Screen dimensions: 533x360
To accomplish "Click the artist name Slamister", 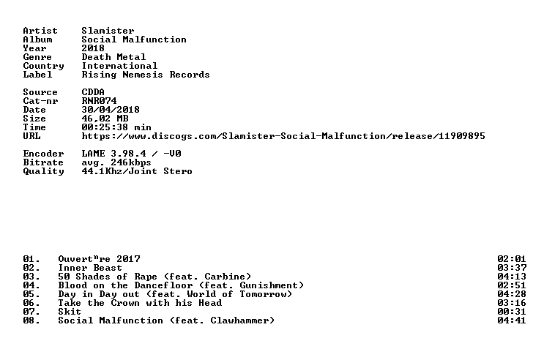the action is [108, 31].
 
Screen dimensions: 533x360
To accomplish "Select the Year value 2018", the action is [93, 48].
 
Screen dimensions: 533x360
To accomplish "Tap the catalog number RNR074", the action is [99, 101].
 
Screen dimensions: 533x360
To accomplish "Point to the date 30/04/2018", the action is [111, 110].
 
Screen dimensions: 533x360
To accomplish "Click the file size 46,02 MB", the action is [105, 119].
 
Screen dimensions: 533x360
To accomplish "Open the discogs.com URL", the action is [283, 136].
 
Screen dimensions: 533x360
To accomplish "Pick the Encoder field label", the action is [43, 154].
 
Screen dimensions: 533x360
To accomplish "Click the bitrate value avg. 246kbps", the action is [116, 162].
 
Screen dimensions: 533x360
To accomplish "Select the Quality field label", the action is [43, 171].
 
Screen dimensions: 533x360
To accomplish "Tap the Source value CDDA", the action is [93, 92].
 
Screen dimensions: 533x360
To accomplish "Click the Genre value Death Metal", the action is [113, 57].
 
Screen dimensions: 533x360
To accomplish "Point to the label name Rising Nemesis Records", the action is [146, 75].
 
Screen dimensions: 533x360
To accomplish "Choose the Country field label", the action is [43, 66].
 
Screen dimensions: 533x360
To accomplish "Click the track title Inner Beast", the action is [90, 268].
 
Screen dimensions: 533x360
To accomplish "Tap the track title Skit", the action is [70, 312].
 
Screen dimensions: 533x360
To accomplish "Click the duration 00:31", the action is [512, 312].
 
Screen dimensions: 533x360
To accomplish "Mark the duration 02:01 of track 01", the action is [512, 259].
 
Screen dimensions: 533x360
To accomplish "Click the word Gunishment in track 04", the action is [269, 285].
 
